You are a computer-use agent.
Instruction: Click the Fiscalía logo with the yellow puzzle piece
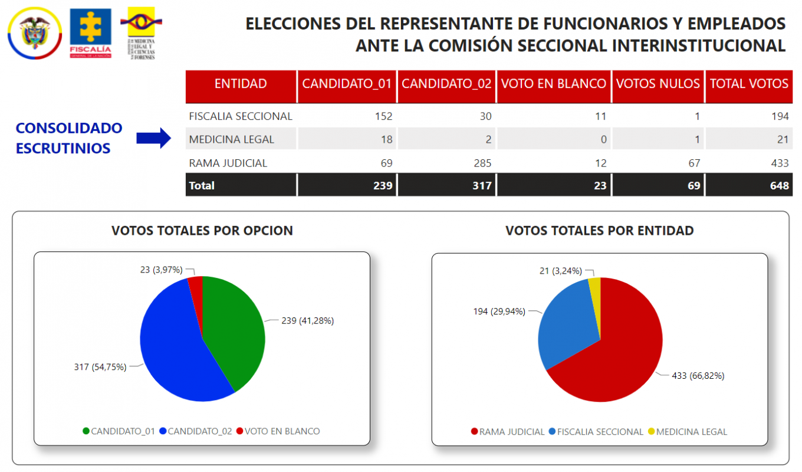pos(90,32)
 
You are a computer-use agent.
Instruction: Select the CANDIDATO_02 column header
pos(446,84)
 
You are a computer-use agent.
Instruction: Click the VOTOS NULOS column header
pos(658,84)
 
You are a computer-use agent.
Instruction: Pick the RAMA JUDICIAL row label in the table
pos(228,163)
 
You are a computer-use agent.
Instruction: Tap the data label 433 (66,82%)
pos(698,375)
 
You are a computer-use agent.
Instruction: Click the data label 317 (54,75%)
pos(100,366)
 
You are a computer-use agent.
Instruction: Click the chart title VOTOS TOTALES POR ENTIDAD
pos(599,231)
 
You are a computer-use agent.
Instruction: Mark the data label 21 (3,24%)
pos(561,271)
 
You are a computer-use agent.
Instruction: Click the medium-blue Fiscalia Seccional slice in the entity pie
pos(566,324)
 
